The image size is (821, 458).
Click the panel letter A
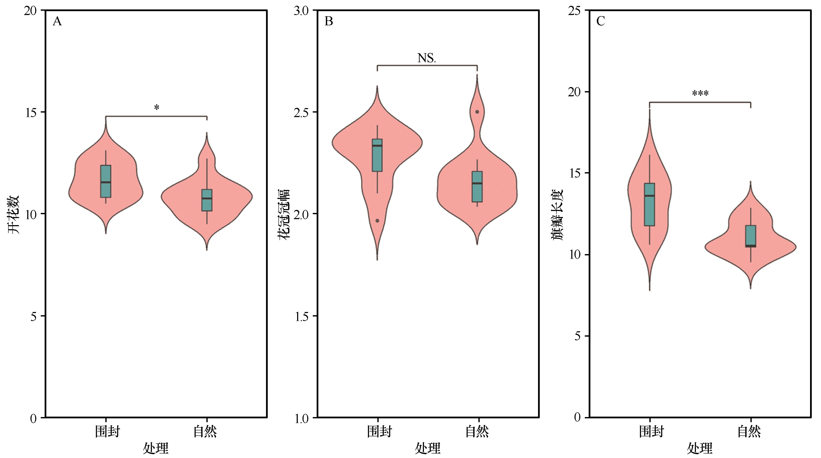click(57, 22)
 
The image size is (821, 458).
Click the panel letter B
click(329, 22)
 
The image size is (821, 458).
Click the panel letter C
click(600, 22)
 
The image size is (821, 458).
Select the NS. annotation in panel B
click(426, 58)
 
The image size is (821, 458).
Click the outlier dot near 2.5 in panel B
click(477, 112)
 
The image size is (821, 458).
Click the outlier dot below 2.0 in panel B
click(377, 220)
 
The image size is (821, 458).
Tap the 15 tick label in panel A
click(31, 112)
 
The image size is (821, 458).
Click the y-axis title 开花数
click(14, 215)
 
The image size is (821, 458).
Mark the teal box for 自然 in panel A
click(207, 200)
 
